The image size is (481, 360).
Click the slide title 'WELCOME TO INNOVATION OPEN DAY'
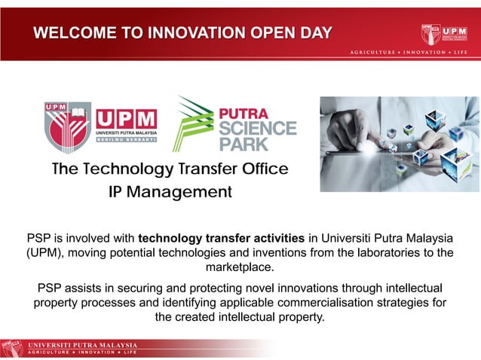[x=183, y=32]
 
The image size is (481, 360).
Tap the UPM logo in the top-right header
[x=445, y=34]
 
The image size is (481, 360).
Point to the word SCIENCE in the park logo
[x=257, y=127]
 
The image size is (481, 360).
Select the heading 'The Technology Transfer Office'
[x=170, y=169]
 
